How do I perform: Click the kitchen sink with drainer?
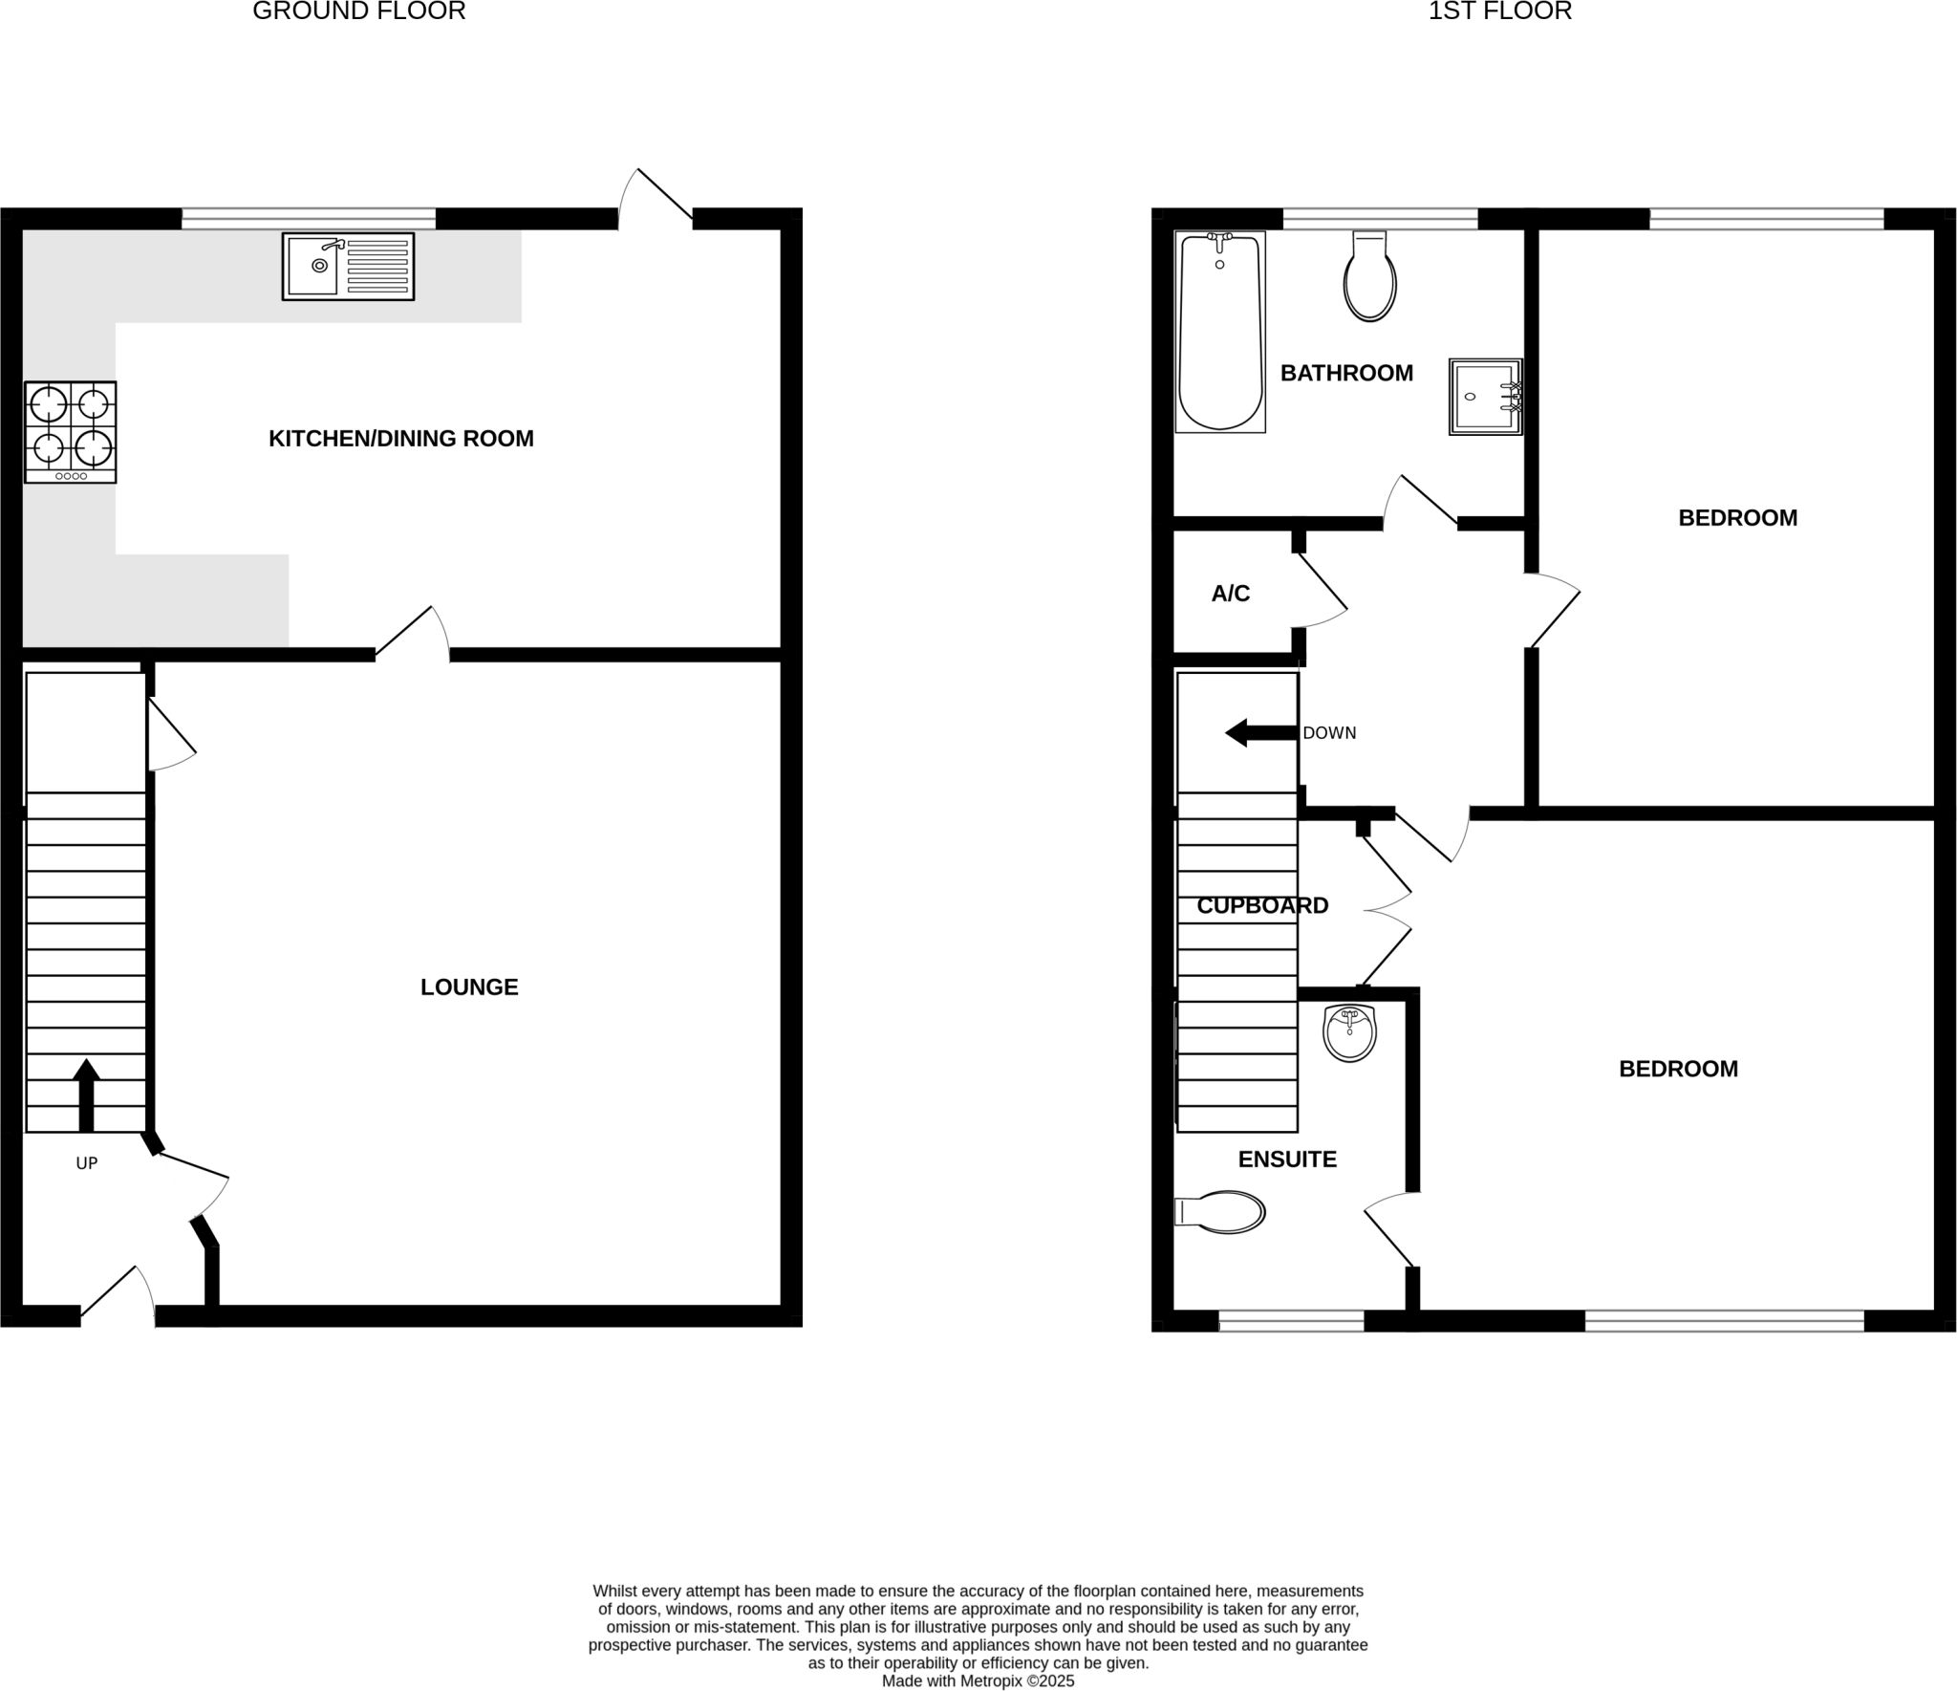[x=348, y=267]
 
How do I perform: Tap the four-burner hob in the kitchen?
[x=71, y=432]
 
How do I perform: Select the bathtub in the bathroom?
[x=1220, y=332]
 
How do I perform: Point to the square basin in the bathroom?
[x=1486, y=397]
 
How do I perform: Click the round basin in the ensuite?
[x=1349, y=1033]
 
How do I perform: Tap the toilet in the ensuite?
[x=1219, y=1212]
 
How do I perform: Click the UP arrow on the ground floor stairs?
[x=86, y=1095]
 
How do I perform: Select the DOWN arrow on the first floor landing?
[x=1262, y=733]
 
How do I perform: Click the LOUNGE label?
[x=469, y=987]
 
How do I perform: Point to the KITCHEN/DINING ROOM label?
[x=401, y=439]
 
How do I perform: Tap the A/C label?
[x=1231, y=594]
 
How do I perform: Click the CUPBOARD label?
[x=1262, y=905]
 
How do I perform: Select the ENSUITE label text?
[x=1287, y=1160]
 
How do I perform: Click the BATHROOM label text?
[x=1346, y=373]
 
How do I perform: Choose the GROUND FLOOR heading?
[x=359, y=11]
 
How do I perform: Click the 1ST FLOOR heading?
[x=1500, y=11]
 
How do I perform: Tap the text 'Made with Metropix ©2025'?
[x=978, y=1680]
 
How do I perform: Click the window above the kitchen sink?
[x=309, y=219]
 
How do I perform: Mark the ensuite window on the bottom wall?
[x=1291, y=1321]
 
